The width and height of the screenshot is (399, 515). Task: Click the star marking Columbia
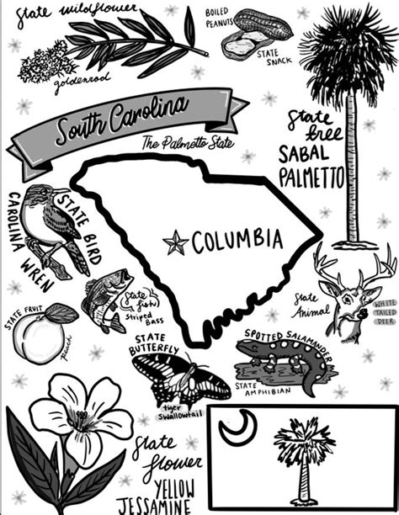176,244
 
